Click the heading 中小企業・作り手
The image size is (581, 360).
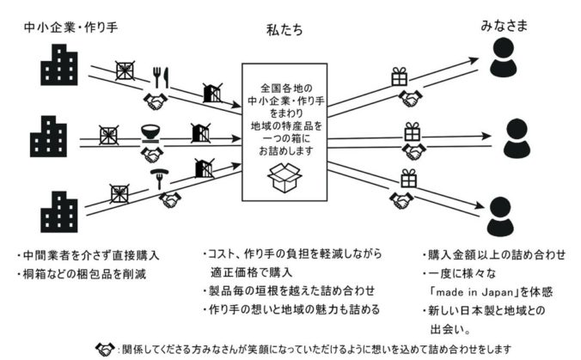click(x=70, y=27)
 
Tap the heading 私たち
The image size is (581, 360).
click(x=284, y=30)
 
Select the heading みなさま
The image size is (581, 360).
click(x=504, y=26)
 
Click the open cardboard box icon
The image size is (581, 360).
click(x=284, y=178)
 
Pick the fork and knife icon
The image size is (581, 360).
click(x=162, y=77)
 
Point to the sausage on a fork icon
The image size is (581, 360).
click(x=159, y=179)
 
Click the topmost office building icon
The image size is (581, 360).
click(x=59, y=64)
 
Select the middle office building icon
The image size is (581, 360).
click(x=48, y=137)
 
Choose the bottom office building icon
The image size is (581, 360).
click(x=59, y=212)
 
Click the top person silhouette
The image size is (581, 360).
click(x=503, y=58)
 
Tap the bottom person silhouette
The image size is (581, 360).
click(x=500, y=217)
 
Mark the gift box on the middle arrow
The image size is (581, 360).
click(x=413, y=131)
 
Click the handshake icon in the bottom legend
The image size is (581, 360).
click(x=105, y=349)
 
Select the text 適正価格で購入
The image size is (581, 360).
click(x=251, y=272)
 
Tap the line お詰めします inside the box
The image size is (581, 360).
click(x=285, y=151)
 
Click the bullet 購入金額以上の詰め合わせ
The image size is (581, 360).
click(x=493, y=255)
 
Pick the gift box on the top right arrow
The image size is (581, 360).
click(x=400, y=76)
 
